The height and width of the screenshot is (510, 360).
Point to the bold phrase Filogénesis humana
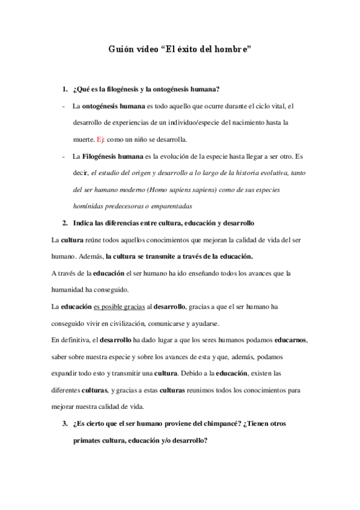pos(112,156)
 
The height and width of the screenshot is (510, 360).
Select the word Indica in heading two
pos(84,223)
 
